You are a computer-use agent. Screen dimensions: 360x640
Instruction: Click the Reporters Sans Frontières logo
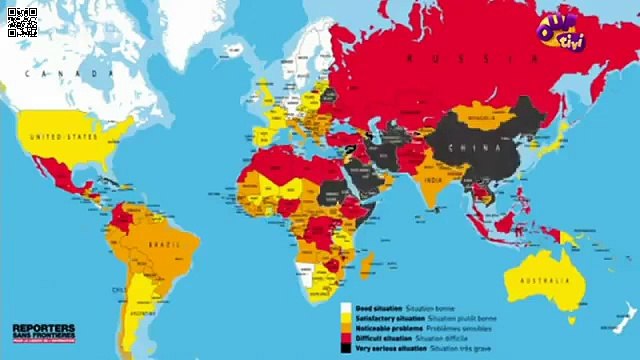(x=43, y=332)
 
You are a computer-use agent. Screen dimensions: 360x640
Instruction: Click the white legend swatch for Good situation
(x=345, y=308)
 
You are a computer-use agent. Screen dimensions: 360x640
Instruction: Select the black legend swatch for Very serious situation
(x=345, y=348)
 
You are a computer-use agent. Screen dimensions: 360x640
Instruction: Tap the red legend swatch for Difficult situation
(x=345, y=338)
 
